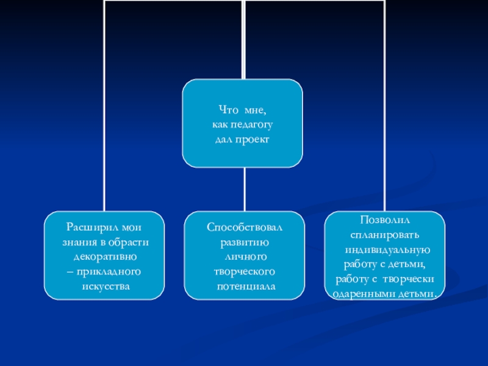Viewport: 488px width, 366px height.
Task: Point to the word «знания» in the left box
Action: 73,242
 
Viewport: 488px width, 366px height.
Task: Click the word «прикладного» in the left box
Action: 109,271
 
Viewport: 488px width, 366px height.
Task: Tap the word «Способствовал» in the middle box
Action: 245,227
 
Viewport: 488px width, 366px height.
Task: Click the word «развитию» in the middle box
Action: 244,242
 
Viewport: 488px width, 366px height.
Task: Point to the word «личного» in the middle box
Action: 244,256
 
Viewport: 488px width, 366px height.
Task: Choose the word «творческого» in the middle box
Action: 244,271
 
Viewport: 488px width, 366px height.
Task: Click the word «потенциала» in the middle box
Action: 245,285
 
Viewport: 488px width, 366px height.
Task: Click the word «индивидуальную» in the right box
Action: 388,249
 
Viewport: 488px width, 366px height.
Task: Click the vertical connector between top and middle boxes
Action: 244,189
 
